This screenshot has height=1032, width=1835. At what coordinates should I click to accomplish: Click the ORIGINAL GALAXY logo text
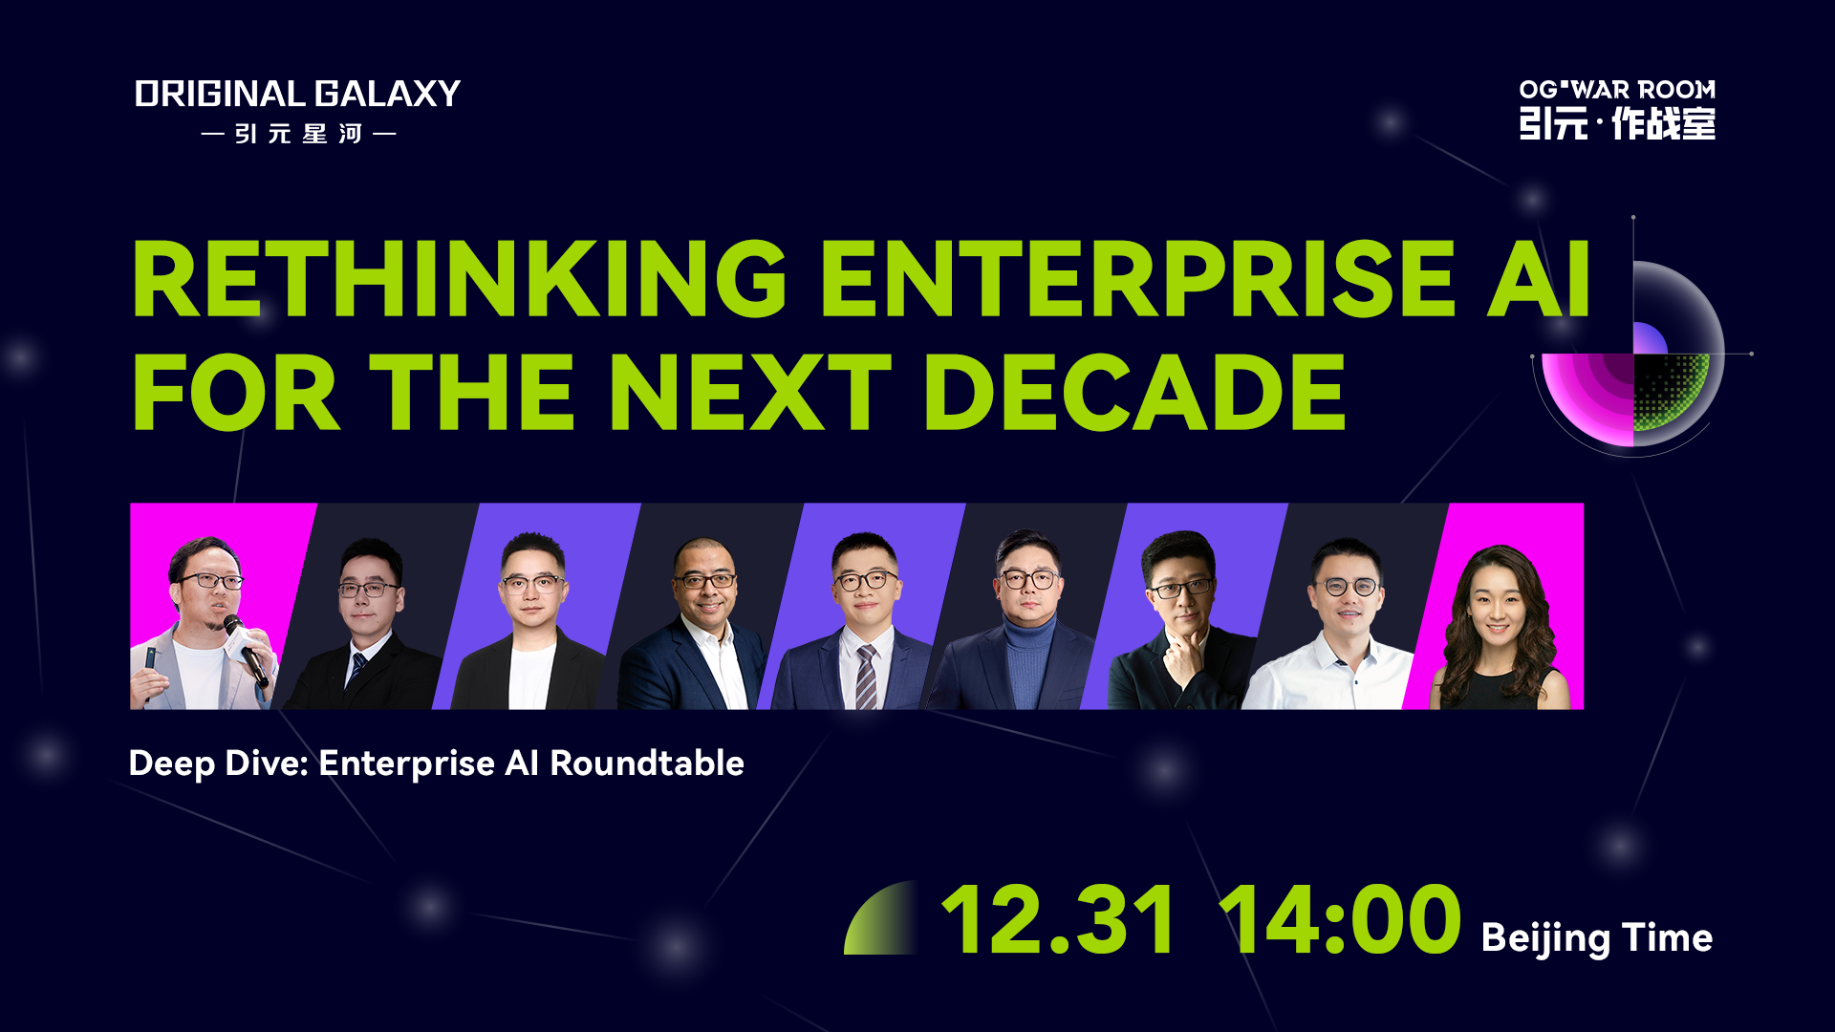point(297,94)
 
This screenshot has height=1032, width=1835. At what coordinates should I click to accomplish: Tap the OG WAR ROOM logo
point(1617,110)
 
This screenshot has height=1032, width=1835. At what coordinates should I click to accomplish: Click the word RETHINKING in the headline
point(460,279)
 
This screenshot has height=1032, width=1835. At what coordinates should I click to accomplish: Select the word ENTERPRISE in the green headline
point(1138,279)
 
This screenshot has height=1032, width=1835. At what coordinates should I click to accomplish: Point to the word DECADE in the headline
point(1134,393)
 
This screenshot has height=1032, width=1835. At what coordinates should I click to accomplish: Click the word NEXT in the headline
point(749,393)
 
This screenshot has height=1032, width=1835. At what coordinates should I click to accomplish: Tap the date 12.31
point(1058,919)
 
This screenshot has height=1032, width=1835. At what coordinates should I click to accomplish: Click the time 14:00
point(1341,919)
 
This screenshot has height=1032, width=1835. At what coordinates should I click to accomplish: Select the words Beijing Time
point(1596,938)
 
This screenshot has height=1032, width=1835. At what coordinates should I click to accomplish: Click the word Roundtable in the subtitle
point(647,763)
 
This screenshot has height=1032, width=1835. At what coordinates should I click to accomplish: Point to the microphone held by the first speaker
point(247,650)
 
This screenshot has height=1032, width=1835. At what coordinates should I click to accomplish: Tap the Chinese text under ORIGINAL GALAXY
point(298,134)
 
